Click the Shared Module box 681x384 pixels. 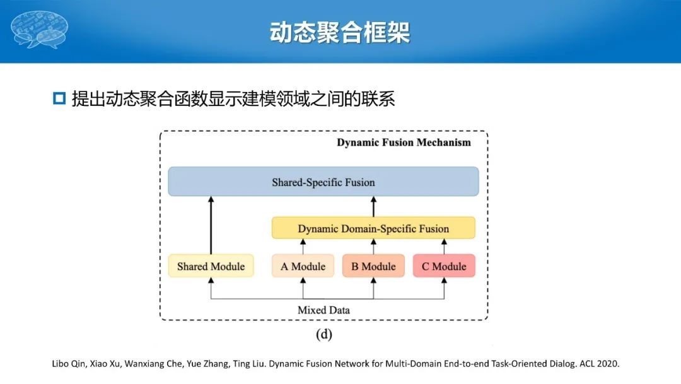point(211,266)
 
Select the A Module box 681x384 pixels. point(303,266)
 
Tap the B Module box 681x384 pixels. point(373,266)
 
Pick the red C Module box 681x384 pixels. point(444,266)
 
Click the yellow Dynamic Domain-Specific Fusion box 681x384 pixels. point(373,228)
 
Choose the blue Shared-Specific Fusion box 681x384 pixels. point(323,182)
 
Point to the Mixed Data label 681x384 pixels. point(323,310)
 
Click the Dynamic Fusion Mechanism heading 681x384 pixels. point(404,142)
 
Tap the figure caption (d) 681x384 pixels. point(323,334)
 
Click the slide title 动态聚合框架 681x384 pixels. point(340,33)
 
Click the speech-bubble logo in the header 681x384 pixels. point(39,30)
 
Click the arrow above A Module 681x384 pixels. point(303,247)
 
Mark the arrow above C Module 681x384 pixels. point(444,247)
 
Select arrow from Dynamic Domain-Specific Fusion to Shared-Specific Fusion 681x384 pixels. point(373,207)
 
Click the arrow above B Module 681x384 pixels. point(373,247)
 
